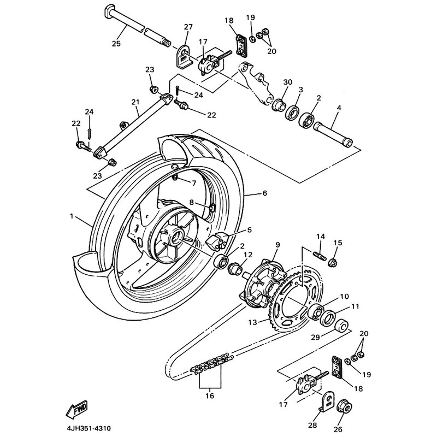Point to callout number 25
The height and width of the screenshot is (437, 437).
click(116, 44)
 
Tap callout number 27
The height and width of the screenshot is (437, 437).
click(188, 27)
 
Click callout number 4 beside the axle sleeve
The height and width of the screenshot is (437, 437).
click(339, 108)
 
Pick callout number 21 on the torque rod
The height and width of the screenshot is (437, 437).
click(121, 102)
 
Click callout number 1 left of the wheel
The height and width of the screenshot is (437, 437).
click(72, 217)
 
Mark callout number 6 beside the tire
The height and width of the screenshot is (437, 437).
click(264, 193)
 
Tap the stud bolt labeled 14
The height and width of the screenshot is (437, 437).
click(320, 255)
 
